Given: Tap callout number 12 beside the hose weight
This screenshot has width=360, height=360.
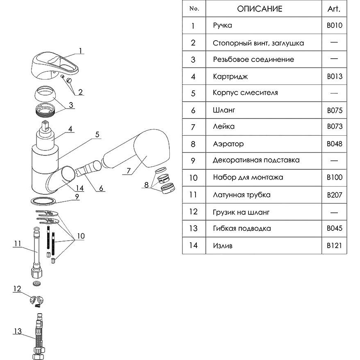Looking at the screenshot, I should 17,289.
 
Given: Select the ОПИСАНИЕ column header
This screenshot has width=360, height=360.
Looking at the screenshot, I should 260,9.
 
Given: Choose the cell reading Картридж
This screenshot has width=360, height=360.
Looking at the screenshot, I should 230,76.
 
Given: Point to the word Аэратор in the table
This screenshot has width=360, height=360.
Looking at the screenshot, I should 228,144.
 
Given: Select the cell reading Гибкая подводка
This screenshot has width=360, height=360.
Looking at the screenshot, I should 242,228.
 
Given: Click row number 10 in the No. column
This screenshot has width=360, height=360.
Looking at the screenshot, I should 194,178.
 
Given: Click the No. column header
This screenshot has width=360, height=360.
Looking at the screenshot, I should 194,9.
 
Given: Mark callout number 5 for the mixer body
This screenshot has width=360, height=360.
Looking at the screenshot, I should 98,134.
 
